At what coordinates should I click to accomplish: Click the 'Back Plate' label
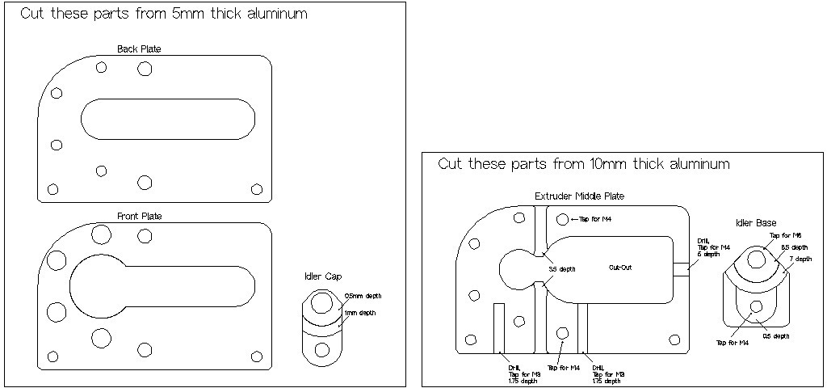(x=139, y=49)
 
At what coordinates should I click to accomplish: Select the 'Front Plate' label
(x=140, y=216)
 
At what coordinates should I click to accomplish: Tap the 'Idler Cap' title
(x=321, y=277)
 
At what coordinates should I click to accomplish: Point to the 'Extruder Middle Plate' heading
(x=579, y=196)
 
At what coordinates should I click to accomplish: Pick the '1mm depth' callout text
(x=359, y=313)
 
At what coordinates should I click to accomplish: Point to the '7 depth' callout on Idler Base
(x=800, y=259)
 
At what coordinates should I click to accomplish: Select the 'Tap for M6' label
(x=786, y=235)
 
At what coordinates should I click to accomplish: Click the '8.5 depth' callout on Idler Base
(x=794, y=247)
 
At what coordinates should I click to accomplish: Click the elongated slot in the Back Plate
(x=168, y=118)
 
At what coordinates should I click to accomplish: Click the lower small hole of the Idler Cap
(x=322, y=349)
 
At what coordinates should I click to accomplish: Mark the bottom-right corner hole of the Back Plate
(x=257, y=189)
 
